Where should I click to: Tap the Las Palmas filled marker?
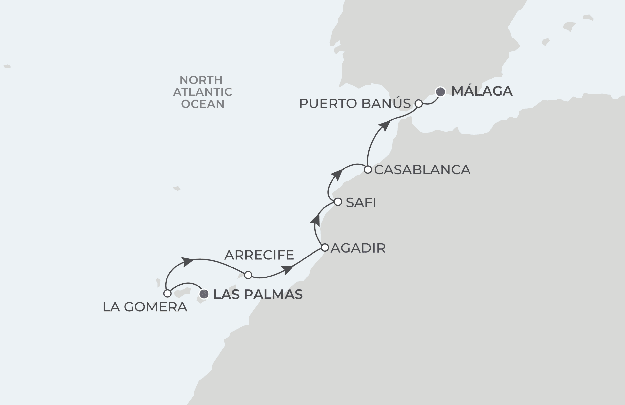[x=204, y=294]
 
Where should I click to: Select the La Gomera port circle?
[x=167, y=294]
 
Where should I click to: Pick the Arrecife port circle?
[x=248, y=275]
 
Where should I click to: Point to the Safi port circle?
[x=338, y=202]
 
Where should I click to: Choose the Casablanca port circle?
[x=368, y=170]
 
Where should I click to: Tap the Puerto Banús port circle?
[x=419, y=104]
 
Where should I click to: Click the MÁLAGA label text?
[x=482, y=91]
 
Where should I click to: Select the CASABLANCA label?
[x=422, y=170]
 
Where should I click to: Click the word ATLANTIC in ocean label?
[x=202, y=92]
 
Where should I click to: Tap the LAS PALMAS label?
[x=258, y=294]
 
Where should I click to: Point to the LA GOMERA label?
[x=145, y=307]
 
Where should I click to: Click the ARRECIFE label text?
[x=259, y=255]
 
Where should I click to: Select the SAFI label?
[x=361, y=202]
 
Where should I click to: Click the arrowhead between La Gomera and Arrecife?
[x=187, y=262]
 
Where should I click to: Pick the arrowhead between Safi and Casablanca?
[x=337, y=175]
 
